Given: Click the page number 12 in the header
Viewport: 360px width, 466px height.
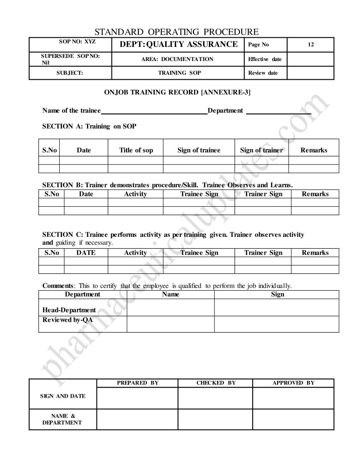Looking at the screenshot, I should (310, 45).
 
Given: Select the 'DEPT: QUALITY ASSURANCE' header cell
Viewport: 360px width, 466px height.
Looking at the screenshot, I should (178, 44).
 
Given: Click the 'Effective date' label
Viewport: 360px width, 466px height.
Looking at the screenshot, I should (265, 59).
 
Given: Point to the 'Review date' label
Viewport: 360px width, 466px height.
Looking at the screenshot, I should (263, 73).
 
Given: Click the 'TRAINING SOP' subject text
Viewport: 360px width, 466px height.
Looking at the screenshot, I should (179, 73).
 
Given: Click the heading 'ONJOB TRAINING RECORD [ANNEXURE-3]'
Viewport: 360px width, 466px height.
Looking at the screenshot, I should (177, 92).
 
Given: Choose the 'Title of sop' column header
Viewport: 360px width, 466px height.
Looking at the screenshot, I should (136, 150).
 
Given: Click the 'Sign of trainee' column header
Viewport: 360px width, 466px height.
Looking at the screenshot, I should (198, 150).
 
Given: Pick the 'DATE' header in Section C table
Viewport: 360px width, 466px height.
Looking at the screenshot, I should (86, 253).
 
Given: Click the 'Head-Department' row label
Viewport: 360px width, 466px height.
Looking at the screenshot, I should (69, 310).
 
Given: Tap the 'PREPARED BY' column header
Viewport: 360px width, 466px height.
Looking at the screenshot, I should (137, 383).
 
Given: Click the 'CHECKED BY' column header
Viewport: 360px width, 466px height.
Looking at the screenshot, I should (216, 383).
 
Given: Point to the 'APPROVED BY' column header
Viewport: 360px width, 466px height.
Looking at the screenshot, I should (293, 383).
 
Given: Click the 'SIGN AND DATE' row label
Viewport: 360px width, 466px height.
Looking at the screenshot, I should (63, 396).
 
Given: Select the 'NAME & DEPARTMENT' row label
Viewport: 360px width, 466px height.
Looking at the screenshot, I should (63, 419).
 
